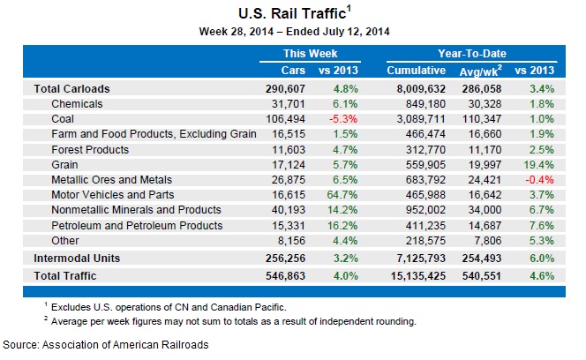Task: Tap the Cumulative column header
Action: (416, 70)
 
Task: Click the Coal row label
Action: (64, 118)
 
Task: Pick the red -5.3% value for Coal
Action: (343, 118)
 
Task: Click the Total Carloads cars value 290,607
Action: (286, 89)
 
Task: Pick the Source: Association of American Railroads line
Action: (106, 345)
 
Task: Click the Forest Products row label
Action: (89, 148)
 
